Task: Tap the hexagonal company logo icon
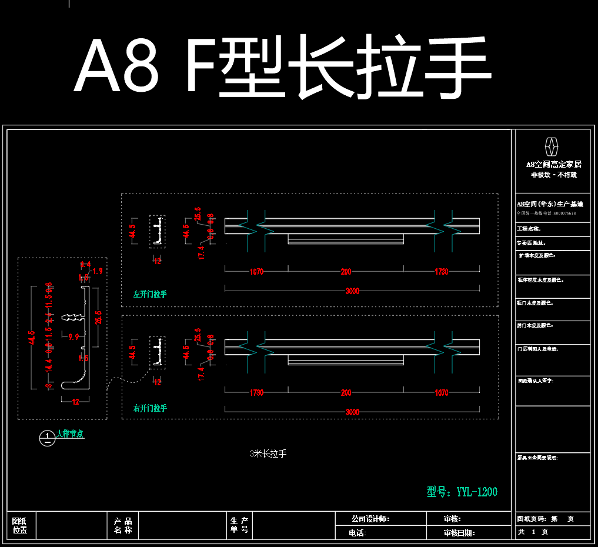552,146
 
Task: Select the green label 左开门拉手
150,294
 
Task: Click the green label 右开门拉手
150,408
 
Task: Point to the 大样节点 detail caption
70,434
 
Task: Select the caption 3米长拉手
268,453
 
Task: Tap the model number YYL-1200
462,492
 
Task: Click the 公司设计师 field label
370,519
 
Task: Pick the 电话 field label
357,533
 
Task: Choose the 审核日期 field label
459,533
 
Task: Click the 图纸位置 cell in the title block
20,525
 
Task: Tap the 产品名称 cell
123,525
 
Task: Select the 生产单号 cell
239,525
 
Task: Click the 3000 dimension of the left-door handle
352,291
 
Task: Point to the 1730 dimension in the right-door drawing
256,392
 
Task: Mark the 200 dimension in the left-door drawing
346,272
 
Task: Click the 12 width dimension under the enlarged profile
75,402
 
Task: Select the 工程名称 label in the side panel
529,229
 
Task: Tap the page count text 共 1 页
533,532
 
